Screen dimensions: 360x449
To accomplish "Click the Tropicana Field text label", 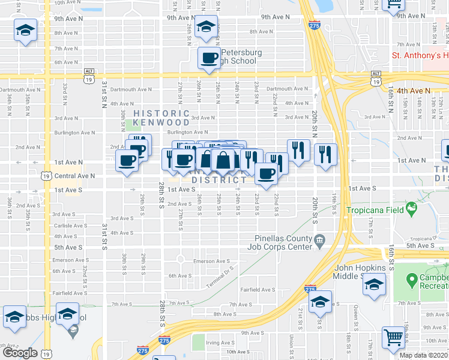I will click(x=375, y=210).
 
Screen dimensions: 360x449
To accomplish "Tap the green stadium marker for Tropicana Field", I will click(x=411, y=209).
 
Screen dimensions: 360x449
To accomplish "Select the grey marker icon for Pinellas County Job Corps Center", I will click(x=320, y=241).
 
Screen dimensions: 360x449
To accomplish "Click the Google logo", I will click(x=20, y=353).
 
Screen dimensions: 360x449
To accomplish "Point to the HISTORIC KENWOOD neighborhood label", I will click(x=161, y=118).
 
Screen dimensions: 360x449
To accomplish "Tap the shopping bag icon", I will click(x=223, y=160).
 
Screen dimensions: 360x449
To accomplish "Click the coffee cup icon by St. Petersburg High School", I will click(x=209, y=58).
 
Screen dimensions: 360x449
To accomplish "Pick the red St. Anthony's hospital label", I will click(x=420, y=55).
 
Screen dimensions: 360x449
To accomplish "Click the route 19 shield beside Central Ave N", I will click(x=46, y=176).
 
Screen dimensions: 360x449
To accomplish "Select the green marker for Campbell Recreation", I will click(x=411, y=280).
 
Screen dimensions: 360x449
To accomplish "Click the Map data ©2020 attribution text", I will click(x=424, y=355).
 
